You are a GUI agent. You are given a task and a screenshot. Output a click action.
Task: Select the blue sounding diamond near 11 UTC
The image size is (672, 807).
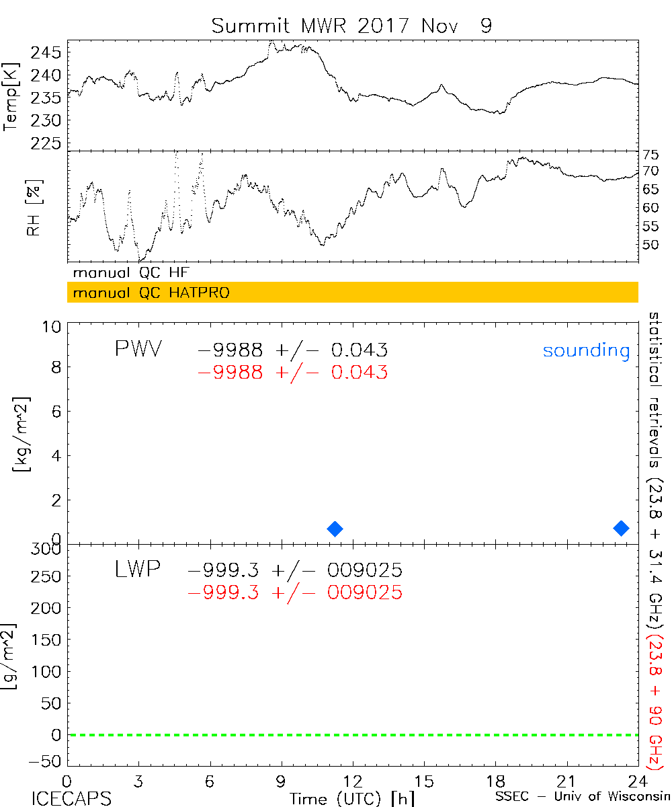pyautogui.click(x=335, y=529)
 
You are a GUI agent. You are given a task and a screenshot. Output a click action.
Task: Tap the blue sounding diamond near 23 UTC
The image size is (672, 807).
pyautogui.click(x=621, y=528)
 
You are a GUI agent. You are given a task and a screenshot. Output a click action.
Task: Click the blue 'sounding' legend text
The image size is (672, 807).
pyautogui.click(x=586, y=350)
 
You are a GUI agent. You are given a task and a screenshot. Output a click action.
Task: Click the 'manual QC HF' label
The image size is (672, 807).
pyautogui.click(x=131, y=273)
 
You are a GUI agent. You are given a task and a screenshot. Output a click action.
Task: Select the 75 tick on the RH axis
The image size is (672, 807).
pyautogui.click(x=650, y=154)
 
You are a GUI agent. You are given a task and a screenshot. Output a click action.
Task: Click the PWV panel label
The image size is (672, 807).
pyautogui.click(x=138, y=349)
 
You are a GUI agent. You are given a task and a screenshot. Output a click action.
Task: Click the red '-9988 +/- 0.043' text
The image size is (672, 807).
pyautogui.click(x=292, y=372)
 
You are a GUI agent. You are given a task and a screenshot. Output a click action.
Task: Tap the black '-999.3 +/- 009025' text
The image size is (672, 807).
pyautogui.click(x=295, y=570)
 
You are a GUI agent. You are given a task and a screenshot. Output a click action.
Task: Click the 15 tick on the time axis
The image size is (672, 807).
pyautogui.click(x=424, y=781)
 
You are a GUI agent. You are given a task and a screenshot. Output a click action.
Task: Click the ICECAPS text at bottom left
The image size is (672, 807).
pyautogui.click(x=71, y=798)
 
